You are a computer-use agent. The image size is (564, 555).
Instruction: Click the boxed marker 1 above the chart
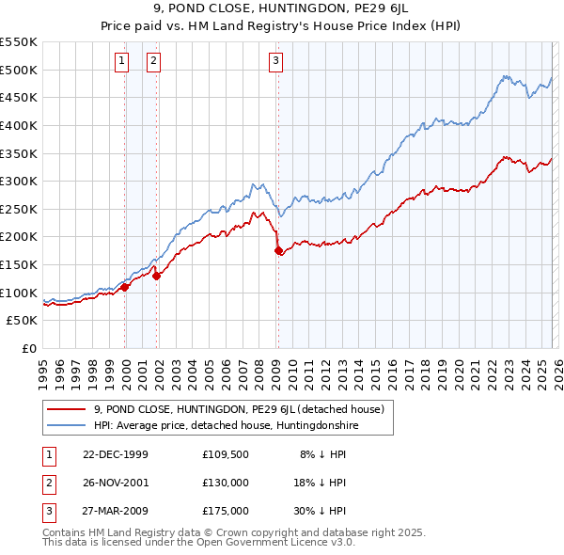coord(122,62)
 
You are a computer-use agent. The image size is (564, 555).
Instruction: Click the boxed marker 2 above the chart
coord(153,62)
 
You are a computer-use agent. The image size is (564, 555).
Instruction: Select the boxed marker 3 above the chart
coord(275,62)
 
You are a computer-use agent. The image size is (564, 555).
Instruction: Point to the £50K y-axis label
coord(23,321)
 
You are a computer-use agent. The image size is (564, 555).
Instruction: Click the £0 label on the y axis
coord(30,349)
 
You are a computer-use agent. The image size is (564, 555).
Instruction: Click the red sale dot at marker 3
coord(278,251)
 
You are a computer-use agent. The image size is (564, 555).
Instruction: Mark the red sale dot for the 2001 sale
coord(156,276)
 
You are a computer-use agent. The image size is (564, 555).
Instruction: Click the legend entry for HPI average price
coord(226,425)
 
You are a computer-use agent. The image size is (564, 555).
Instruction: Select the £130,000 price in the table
coord(226,483)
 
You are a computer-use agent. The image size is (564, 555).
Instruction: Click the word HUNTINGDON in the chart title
coord(254,10)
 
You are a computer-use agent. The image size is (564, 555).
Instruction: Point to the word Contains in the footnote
coord(66,532)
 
